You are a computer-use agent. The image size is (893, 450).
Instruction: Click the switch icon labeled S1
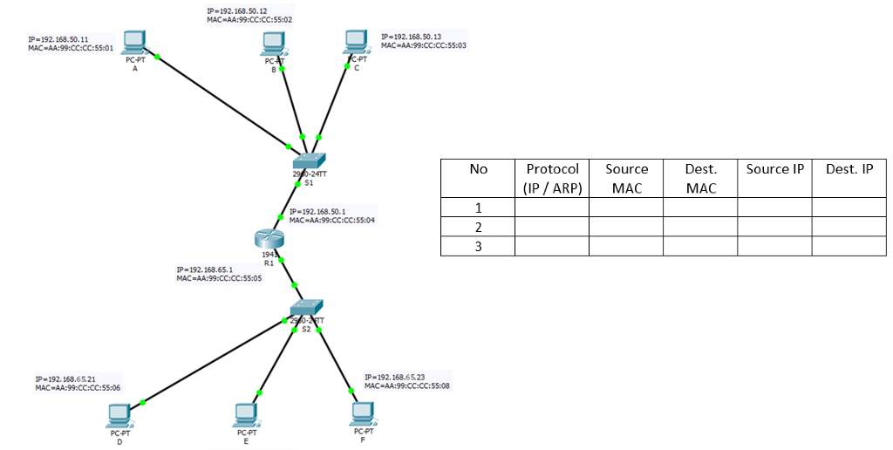pos(309,161)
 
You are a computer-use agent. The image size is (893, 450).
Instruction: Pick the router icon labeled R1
pos(269,238)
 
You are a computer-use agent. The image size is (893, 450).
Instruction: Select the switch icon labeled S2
pos(308,308)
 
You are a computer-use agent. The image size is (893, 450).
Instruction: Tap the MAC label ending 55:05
pos(219,278)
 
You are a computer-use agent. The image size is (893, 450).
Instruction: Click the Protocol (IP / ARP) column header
pos(551,178)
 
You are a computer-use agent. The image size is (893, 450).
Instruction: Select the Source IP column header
pos(774,169)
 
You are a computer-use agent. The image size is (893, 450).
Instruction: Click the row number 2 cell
pos(477,227)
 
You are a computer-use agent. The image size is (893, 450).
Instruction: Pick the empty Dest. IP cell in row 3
pos(849,246)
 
